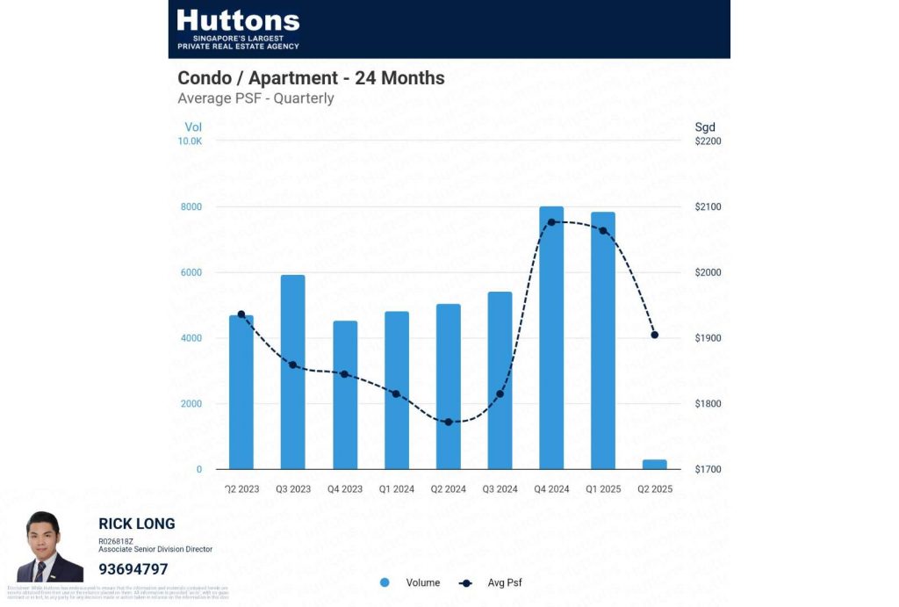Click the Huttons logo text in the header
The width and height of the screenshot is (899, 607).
(x=238, y=21)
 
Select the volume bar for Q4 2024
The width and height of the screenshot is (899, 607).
(x=551, y=338)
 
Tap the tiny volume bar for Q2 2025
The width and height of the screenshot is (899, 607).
(x=655, y=464)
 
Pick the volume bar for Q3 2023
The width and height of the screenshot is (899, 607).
(x=293, y=372)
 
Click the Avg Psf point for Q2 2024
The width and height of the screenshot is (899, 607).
(x=448, y=422)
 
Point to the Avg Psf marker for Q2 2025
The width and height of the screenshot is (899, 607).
(x=654, y=335)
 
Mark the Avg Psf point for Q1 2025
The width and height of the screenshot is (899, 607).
(x=602, y=230)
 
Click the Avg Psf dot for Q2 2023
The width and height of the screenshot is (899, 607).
(x=241, y=314)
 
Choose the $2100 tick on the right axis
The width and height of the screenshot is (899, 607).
(x=708, y=207)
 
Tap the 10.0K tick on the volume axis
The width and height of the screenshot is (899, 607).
(x=191, y=141)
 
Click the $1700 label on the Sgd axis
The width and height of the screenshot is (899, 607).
(x=708, y=470)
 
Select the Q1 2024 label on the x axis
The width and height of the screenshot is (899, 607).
(x=397, y=489)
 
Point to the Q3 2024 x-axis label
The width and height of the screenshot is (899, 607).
(x=500, y=489)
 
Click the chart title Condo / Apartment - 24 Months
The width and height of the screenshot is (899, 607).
(x=311, y=78)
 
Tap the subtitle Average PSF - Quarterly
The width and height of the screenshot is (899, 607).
(x=255, y=98)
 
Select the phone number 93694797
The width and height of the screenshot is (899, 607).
(x=133, y=569)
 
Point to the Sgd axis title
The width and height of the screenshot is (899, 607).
(x=705, y=127)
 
